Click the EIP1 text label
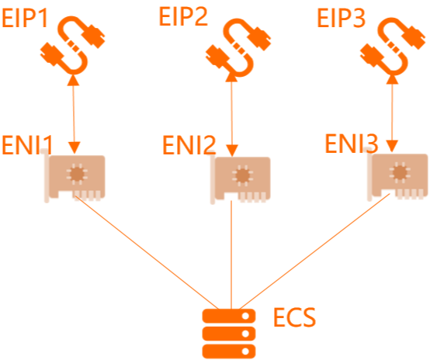[x=26, y=18]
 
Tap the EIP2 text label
[x=183, y=17]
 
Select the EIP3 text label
[x=342, y=18]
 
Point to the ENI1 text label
[x=27, y=145]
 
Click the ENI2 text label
[x=189, y=145]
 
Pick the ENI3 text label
[x=352, y=143]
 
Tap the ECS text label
[x=294, y=317]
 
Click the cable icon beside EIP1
[x=73, y=45]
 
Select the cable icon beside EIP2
[x=238, y=47]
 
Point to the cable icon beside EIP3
[x=393, y=46]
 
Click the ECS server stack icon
[x=229, y=334]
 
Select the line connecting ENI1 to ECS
[x=147, y=252]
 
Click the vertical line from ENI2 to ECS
[x=231, y=255]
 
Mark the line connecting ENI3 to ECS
[x=314, y=251]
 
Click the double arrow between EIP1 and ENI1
[x=74, y=114]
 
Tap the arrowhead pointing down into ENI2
[x=232, y=151]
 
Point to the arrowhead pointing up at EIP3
[x=393, y=79]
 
